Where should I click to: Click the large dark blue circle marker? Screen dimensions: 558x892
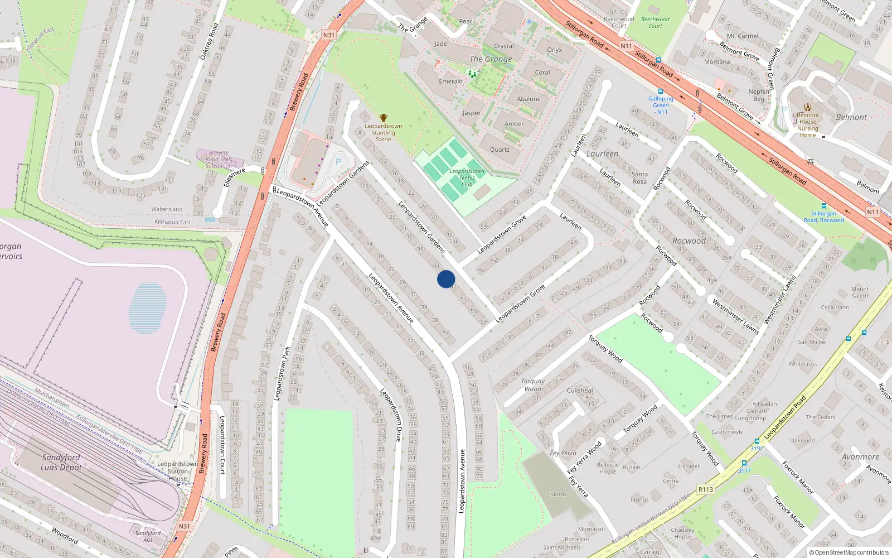[x=446, y=279]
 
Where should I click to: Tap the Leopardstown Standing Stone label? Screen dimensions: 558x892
[x=384, y=132]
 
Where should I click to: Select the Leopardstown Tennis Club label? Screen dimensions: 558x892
[x=467, y=177]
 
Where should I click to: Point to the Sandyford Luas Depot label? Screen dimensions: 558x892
[x=61, y=462]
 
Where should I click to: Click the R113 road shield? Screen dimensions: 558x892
[x=705, y=489]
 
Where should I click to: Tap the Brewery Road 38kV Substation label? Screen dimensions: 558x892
[x=219, y=159]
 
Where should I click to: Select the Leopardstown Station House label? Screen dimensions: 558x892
[x=177, y=471]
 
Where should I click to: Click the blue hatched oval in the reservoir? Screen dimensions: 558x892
[x=148, y=308]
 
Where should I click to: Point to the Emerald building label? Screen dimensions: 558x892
[x=450, y=81]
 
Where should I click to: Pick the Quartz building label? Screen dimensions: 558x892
[x=500, y=150]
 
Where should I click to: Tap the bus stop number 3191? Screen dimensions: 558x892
[x=757, y=448]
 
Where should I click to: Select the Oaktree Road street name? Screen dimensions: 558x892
[x=209, y=41]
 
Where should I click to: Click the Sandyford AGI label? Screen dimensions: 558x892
[x=148, y=536]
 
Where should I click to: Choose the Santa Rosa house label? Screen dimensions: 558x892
[x=639, y=177]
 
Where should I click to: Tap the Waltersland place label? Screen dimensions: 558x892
[x=167, y=209]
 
